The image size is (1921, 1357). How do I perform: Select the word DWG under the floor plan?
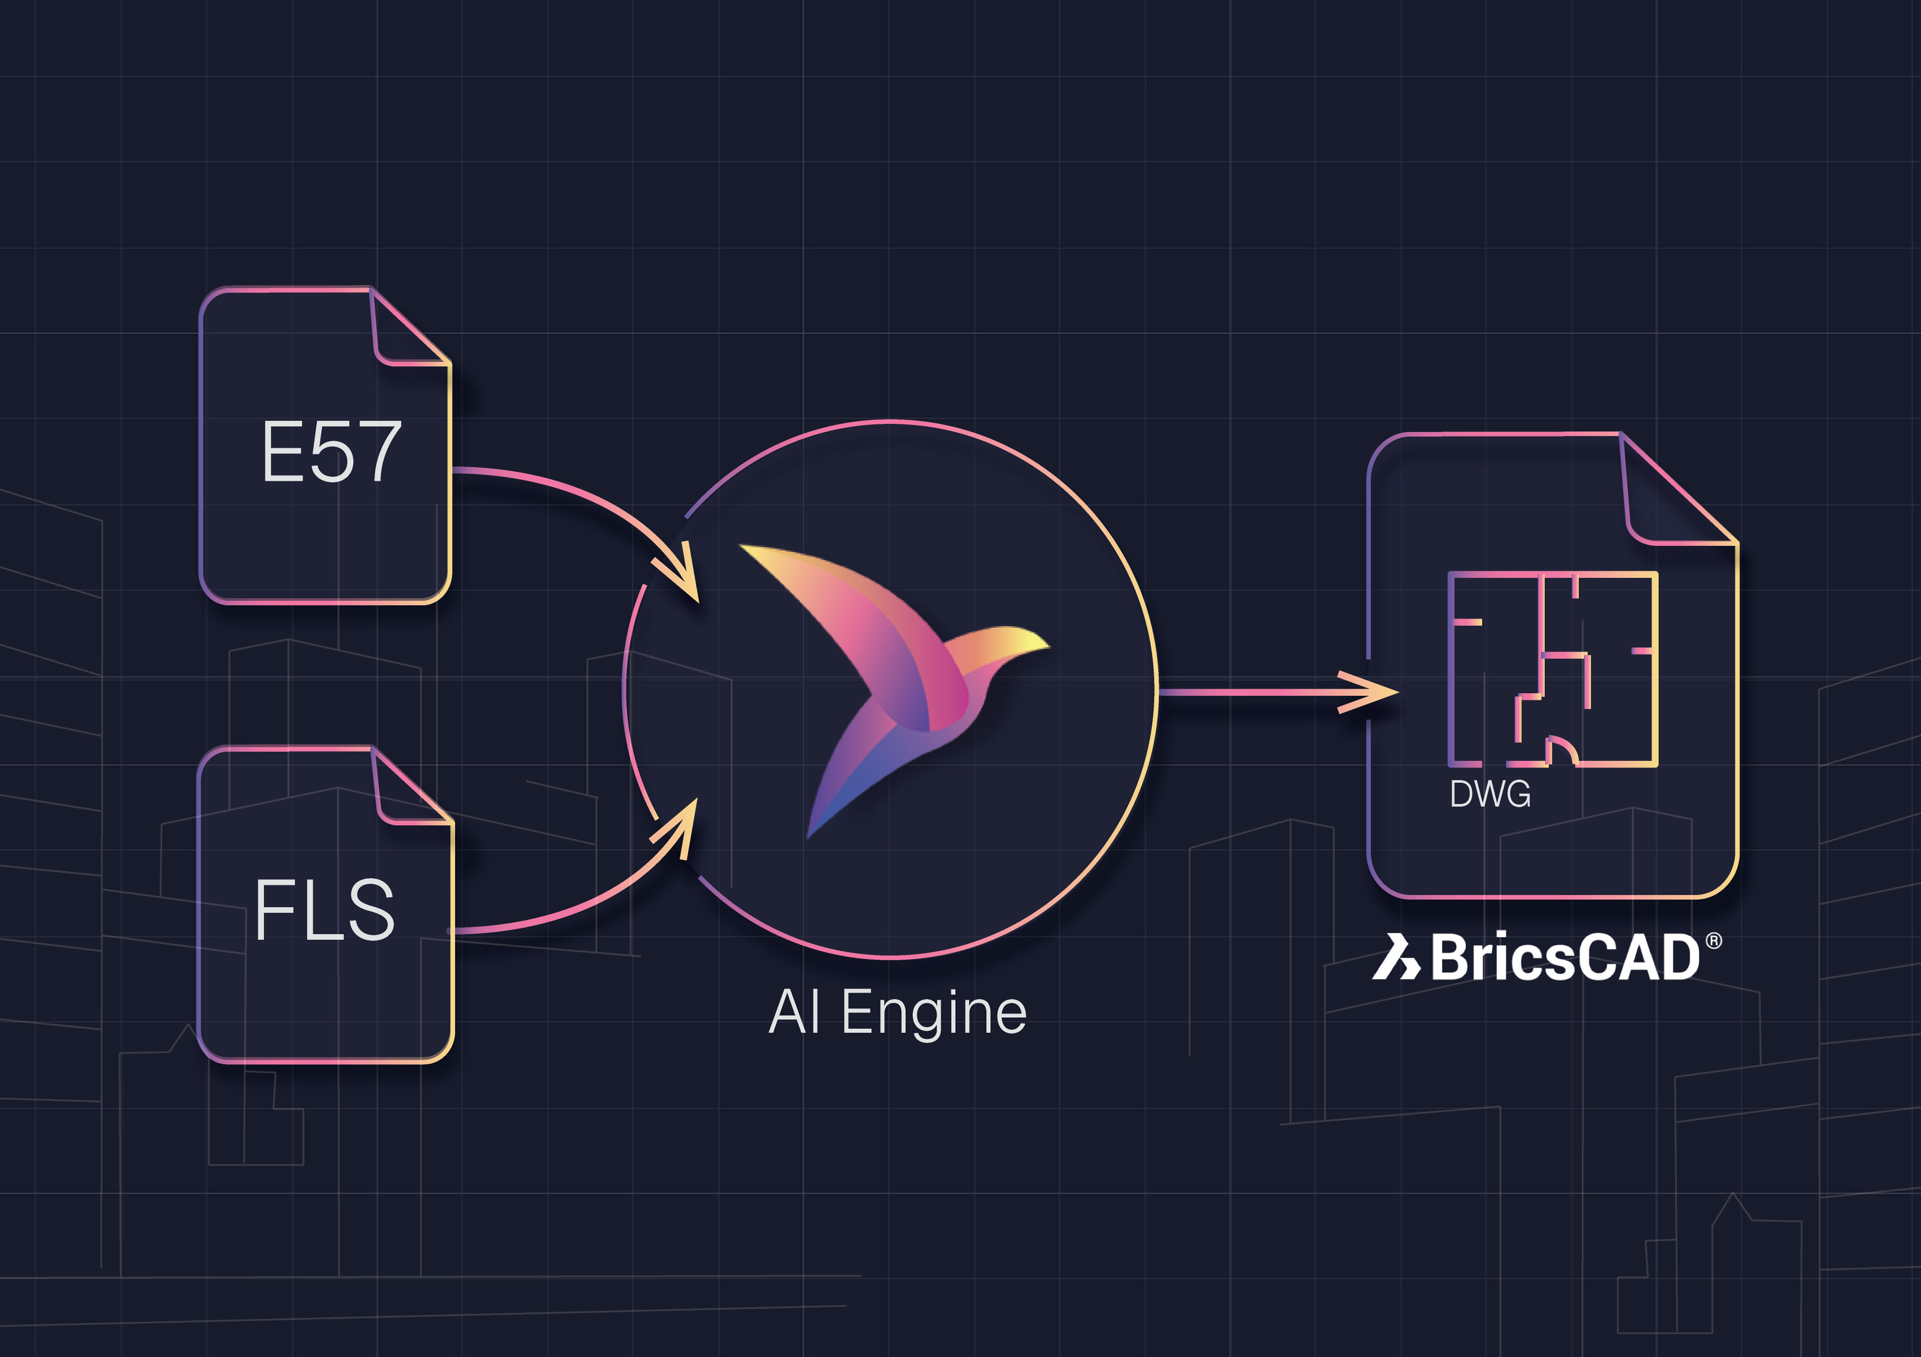[1490, 794]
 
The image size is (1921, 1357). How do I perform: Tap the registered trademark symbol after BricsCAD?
[1714, 941]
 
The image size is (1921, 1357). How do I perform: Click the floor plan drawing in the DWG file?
[1552, 669]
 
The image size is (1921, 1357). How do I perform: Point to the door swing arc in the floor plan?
[1561, 748]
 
